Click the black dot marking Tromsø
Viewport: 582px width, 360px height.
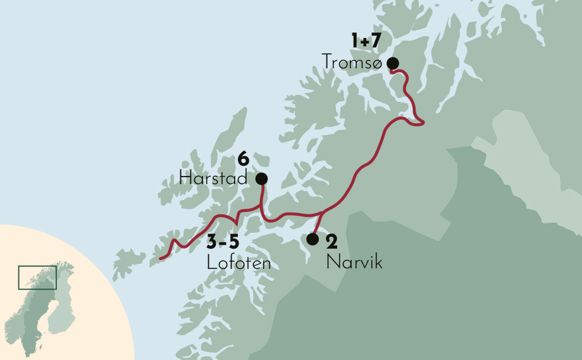click(x=392, y=63)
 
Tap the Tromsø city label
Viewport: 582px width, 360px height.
click(x=351, y=62)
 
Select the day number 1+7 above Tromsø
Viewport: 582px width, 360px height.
click(x=366, y=42)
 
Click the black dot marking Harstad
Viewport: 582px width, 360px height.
click(x=261, y=179)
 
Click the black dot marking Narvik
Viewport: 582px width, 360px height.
click(x=312, y=239)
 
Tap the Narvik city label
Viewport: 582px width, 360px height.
click(x=354, y=262)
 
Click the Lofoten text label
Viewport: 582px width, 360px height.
click(x=238, y=263)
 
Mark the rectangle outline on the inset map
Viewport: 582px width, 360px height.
click(x=37, y=277)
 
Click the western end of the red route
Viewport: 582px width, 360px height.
click(x=161, y=258)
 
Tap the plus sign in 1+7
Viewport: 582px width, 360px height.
click(x=366, y=42)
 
